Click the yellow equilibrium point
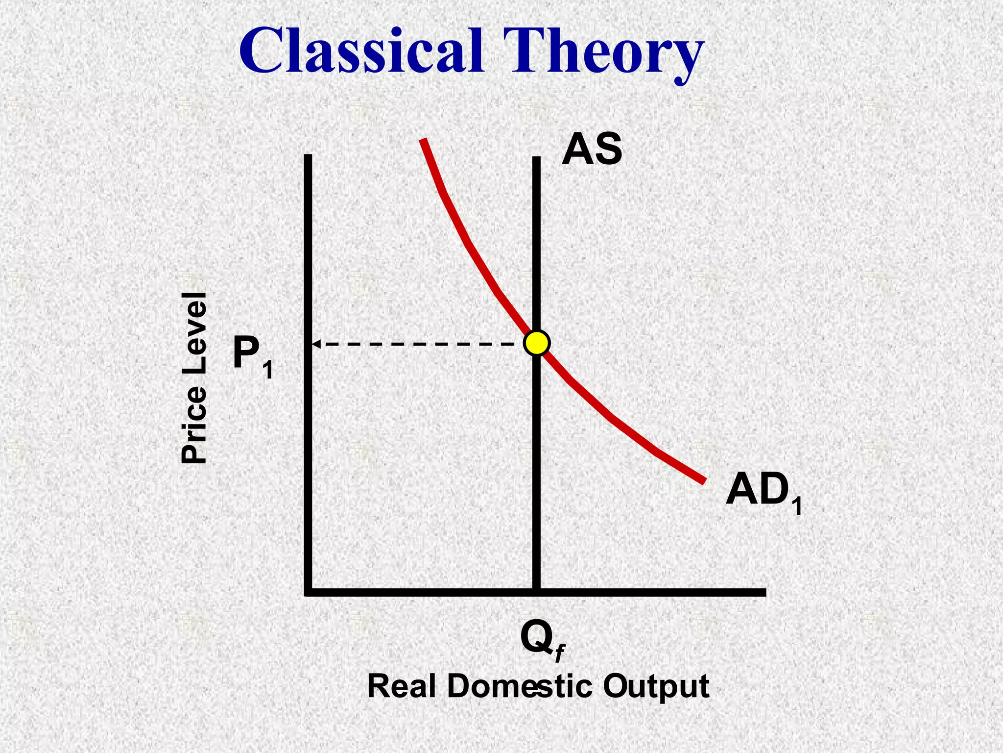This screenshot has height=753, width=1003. click(x=537, y=343)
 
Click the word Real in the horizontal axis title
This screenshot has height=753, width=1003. click(x=401, y=686)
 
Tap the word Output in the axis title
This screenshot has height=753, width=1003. click(x=656, y=686)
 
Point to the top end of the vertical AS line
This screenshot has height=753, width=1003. click(x=537, y=159)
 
